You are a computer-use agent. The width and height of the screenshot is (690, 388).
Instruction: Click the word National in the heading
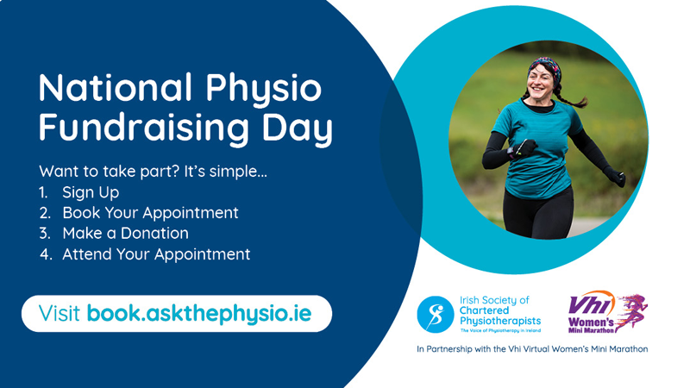coord(116,88)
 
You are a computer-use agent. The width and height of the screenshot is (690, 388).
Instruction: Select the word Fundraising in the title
coord(143,128)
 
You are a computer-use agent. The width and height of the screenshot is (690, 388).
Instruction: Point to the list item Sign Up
coord(91,192)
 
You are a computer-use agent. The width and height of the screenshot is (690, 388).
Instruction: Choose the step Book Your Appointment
coord(150,213)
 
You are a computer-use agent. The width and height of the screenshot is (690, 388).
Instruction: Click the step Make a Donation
coord(125,233)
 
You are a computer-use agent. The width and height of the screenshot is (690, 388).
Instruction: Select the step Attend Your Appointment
coord(156,254)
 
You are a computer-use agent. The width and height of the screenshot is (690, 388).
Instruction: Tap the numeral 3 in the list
coord(45,233)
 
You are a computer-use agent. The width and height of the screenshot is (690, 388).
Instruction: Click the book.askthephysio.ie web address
coord(199,314)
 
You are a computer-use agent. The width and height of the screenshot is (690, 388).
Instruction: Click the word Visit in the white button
coord(60,313)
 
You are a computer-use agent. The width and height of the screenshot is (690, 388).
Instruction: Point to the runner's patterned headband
coord(546,67)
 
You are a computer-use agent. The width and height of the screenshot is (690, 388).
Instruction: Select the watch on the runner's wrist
coord(511,153)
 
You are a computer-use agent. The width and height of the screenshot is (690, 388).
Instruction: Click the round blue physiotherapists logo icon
coord(436,314)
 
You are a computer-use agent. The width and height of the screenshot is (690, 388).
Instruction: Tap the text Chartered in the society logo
coord(484,310)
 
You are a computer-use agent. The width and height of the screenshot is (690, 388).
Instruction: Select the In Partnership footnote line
coord(532,349)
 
